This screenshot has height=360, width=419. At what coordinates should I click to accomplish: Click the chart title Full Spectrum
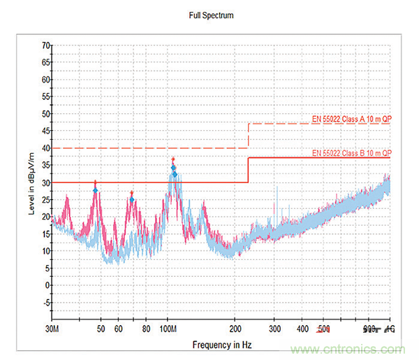coord(212,15)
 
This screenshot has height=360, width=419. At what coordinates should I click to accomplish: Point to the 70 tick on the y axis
coord(45,45)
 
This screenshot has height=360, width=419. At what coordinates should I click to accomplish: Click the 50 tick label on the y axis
coord(45,114)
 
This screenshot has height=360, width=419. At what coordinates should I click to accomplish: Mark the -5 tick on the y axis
coord(46,303)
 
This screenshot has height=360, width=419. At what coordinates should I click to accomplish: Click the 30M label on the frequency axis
coord(52,329)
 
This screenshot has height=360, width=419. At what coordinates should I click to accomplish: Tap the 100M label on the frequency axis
coord(168,329)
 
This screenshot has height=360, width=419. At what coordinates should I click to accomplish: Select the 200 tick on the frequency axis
coord(236,329)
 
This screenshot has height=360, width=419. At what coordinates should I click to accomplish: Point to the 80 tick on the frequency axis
coord(146,329)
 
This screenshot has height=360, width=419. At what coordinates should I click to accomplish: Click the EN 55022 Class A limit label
coord(351,119)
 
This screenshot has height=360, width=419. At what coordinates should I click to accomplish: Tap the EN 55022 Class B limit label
coord(351,152)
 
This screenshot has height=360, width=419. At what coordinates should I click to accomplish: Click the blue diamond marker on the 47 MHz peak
coord(96,190)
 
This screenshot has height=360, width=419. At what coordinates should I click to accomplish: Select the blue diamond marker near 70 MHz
coord(132,200)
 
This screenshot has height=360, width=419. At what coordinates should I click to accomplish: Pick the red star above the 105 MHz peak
coord(173,160)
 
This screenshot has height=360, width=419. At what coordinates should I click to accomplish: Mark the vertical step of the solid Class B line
coord(249,170)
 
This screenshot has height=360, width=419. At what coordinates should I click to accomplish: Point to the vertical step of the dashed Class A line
coord(249,136)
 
